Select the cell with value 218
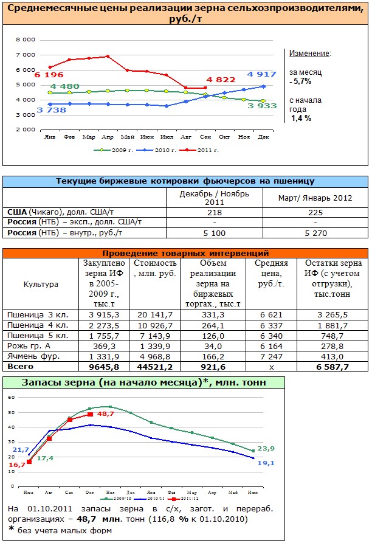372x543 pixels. tap(214, 212)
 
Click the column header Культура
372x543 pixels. tap(41, 284)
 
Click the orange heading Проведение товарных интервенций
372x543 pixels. tap(185, 253)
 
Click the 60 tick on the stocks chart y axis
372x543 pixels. tap(10, 396)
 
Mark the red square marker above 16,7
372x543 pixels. tap(29, 462)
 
